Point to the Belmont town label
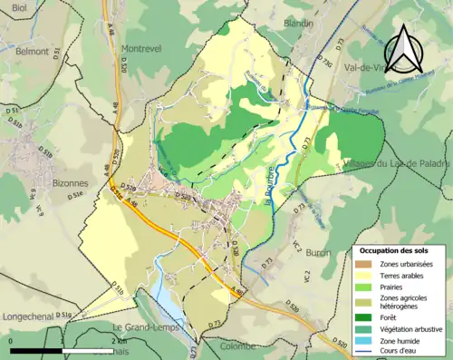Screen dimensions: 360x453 click(32, 52)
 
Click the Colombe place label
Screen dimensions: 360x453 click(237, 345)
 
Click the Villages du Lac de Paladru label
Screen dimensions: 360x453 click(397, 164)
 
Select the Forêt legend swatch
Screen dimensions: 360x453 click(364, 316)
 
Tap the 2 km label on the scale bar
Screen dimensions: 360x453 click(120, 340)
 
